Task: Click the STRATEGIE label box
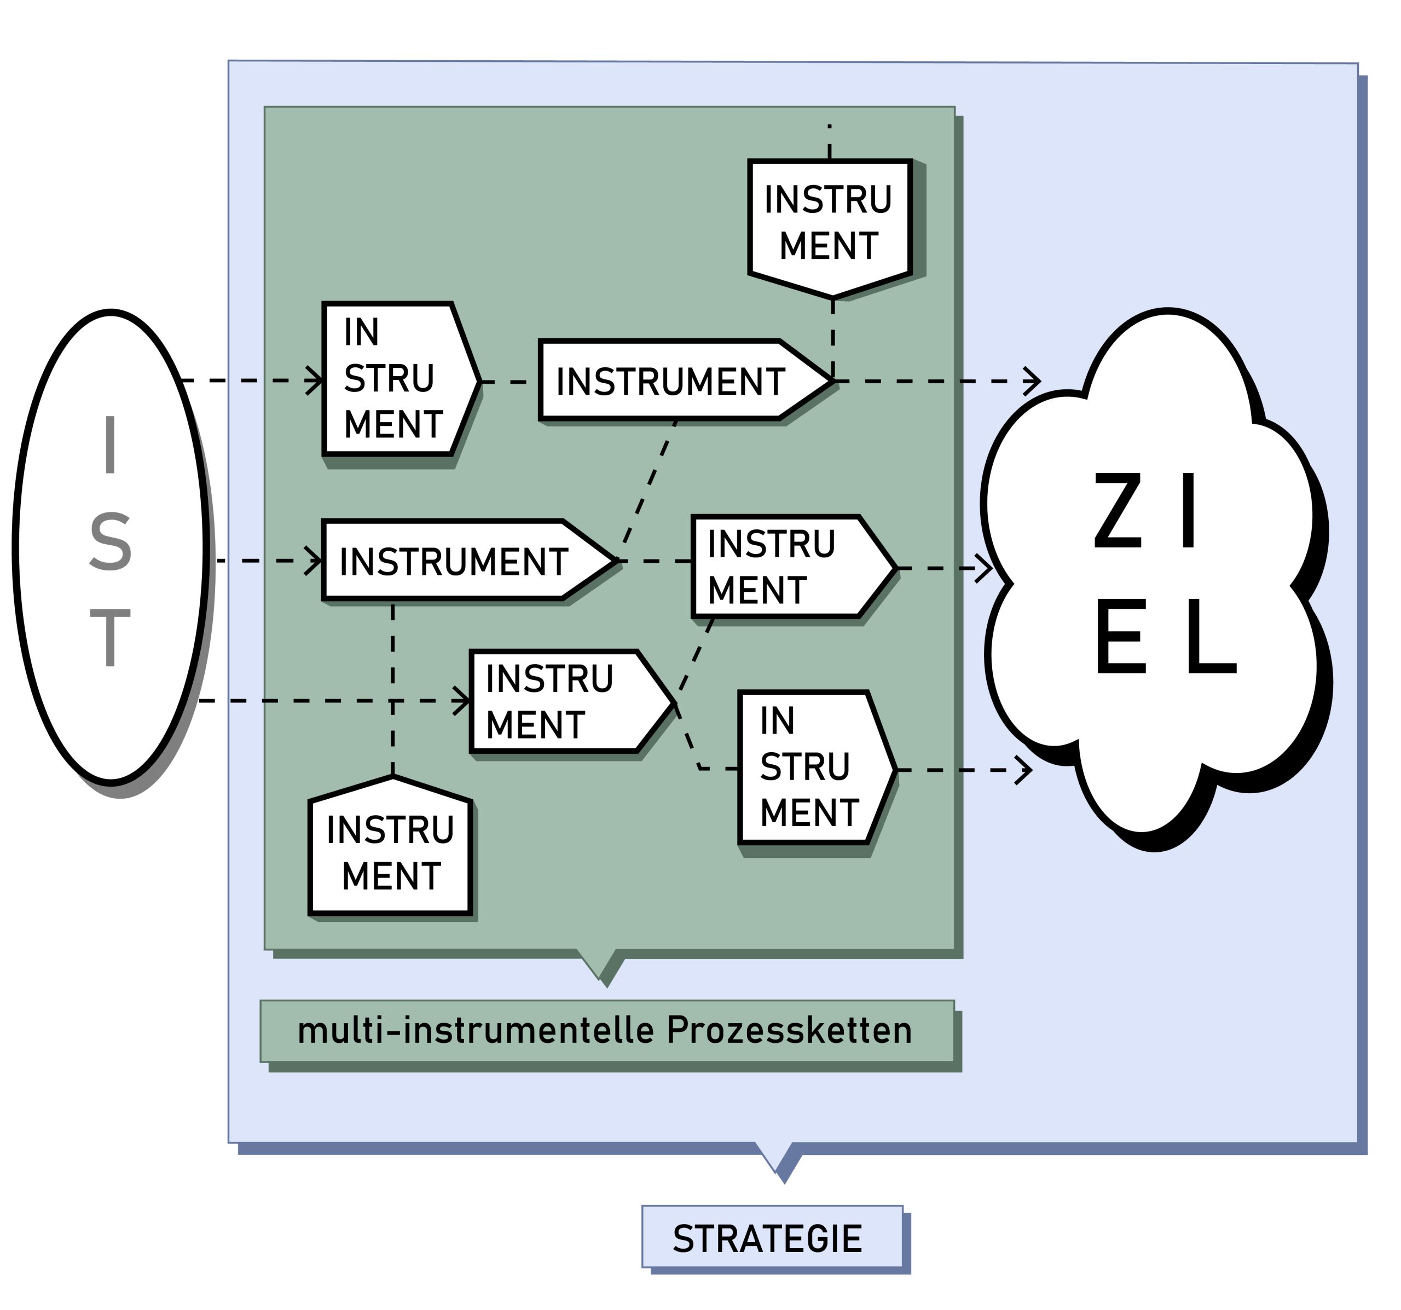772,1239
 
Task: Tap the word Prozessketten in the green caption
789,1031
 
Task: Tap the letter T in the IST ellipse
110,638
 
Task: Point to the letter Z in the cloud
1118,511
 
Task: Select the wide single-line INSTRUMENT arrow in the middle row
455,561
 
